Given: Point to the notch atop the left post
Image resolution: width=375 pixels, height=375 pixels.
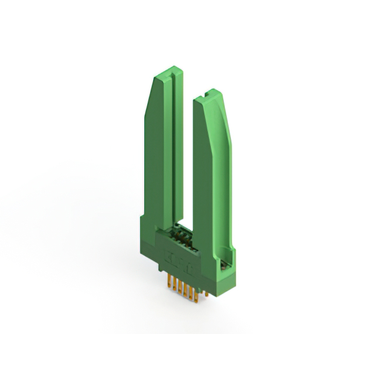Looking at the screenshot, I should click(169, 73).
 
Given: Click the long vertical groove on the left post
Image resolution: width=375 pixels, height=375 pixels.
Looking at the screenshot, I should click(171, 146).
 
